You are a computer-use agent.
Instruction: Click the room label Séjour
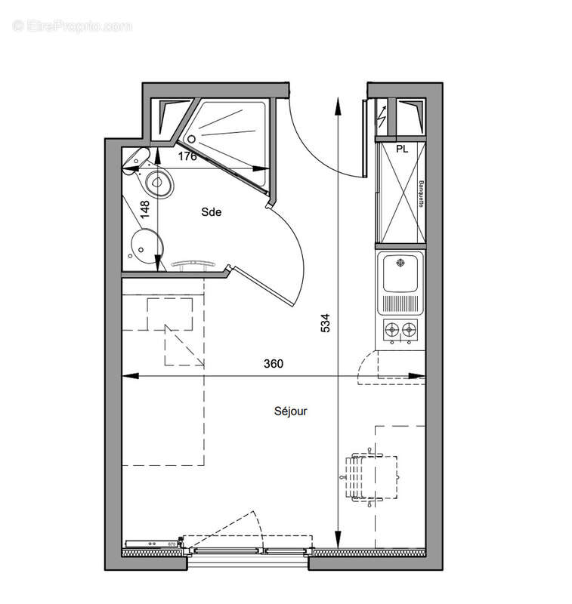[x=290, y=411]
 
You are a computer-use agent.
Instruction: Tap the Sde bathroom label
[x=211, y=213]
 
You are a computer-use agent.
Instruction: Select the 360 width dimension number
[x=274, y=364]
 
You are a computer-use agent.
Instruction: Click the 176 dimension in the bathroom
[x=188, y=156]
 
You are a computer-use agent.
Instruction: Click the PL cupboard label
[x=402, y=149]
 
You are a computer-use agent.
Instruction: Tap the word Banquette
[x=419, y=196]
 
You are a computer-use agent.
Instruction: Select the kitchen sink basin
[x=401, y=273]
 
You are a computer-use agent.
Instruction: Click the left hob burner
[x=393, y=328]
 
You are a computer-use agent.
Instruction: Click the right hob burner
[x=409, y=328]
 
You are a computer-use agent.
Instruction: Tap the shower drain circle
[x=192, y=139]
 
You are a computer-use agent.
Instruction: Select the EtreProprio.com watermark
[x=73, y=26]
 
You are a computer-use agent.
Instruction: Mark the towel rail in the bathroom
[x=193, y=263]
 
